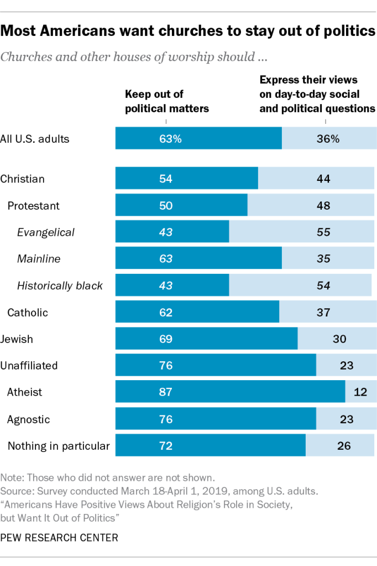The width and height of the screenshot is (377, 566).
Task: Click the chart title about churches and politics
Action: (x=188, y=32)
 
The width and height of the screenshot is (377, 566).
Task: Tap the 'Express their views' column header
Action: (x=317, y=95)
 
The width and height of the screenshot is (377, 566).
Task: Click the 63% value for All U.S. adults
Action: (x=170, y=139)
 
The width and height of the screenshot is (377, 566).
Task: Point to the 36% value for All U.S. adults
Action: (x=328, y=139)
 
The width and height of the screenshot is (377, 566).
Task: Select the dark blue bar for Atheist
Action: (x=230, y=392)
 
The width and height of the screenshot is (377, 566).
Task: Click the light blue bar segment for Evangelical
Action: (x=301, y=232)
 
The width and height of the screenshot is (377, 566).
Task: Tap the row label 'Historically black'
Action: (x=60, y=286)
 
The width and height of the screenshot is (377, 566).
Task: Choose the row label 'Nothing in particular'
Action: (x=58, y=446)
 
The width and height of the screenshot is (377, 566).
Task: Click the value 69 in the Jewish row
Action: (x=166, y=339)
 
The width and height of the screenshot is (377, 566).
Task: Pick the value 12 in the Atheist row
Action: (x=361, y=392)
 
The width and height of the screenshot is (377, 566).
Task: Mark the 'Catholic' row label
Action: (x=28, y=313)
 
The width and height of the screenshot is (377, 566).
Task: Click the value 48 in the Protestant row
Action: (x=323, y=206)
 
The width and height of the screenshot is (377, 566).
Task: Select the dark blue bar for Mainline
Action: (x=198, y=259)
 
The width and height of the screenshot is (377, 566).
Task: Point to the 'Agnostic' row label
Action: (x=28, y=419)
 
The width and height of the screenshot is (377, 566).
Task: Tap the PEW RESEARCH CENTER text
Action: (x=59, y=537)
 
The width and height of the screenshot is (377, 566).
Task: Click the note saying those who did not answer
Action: (x=107, y=477)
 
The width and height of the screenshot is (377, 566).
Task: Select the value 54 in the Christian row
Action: (x=166, y=179)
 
